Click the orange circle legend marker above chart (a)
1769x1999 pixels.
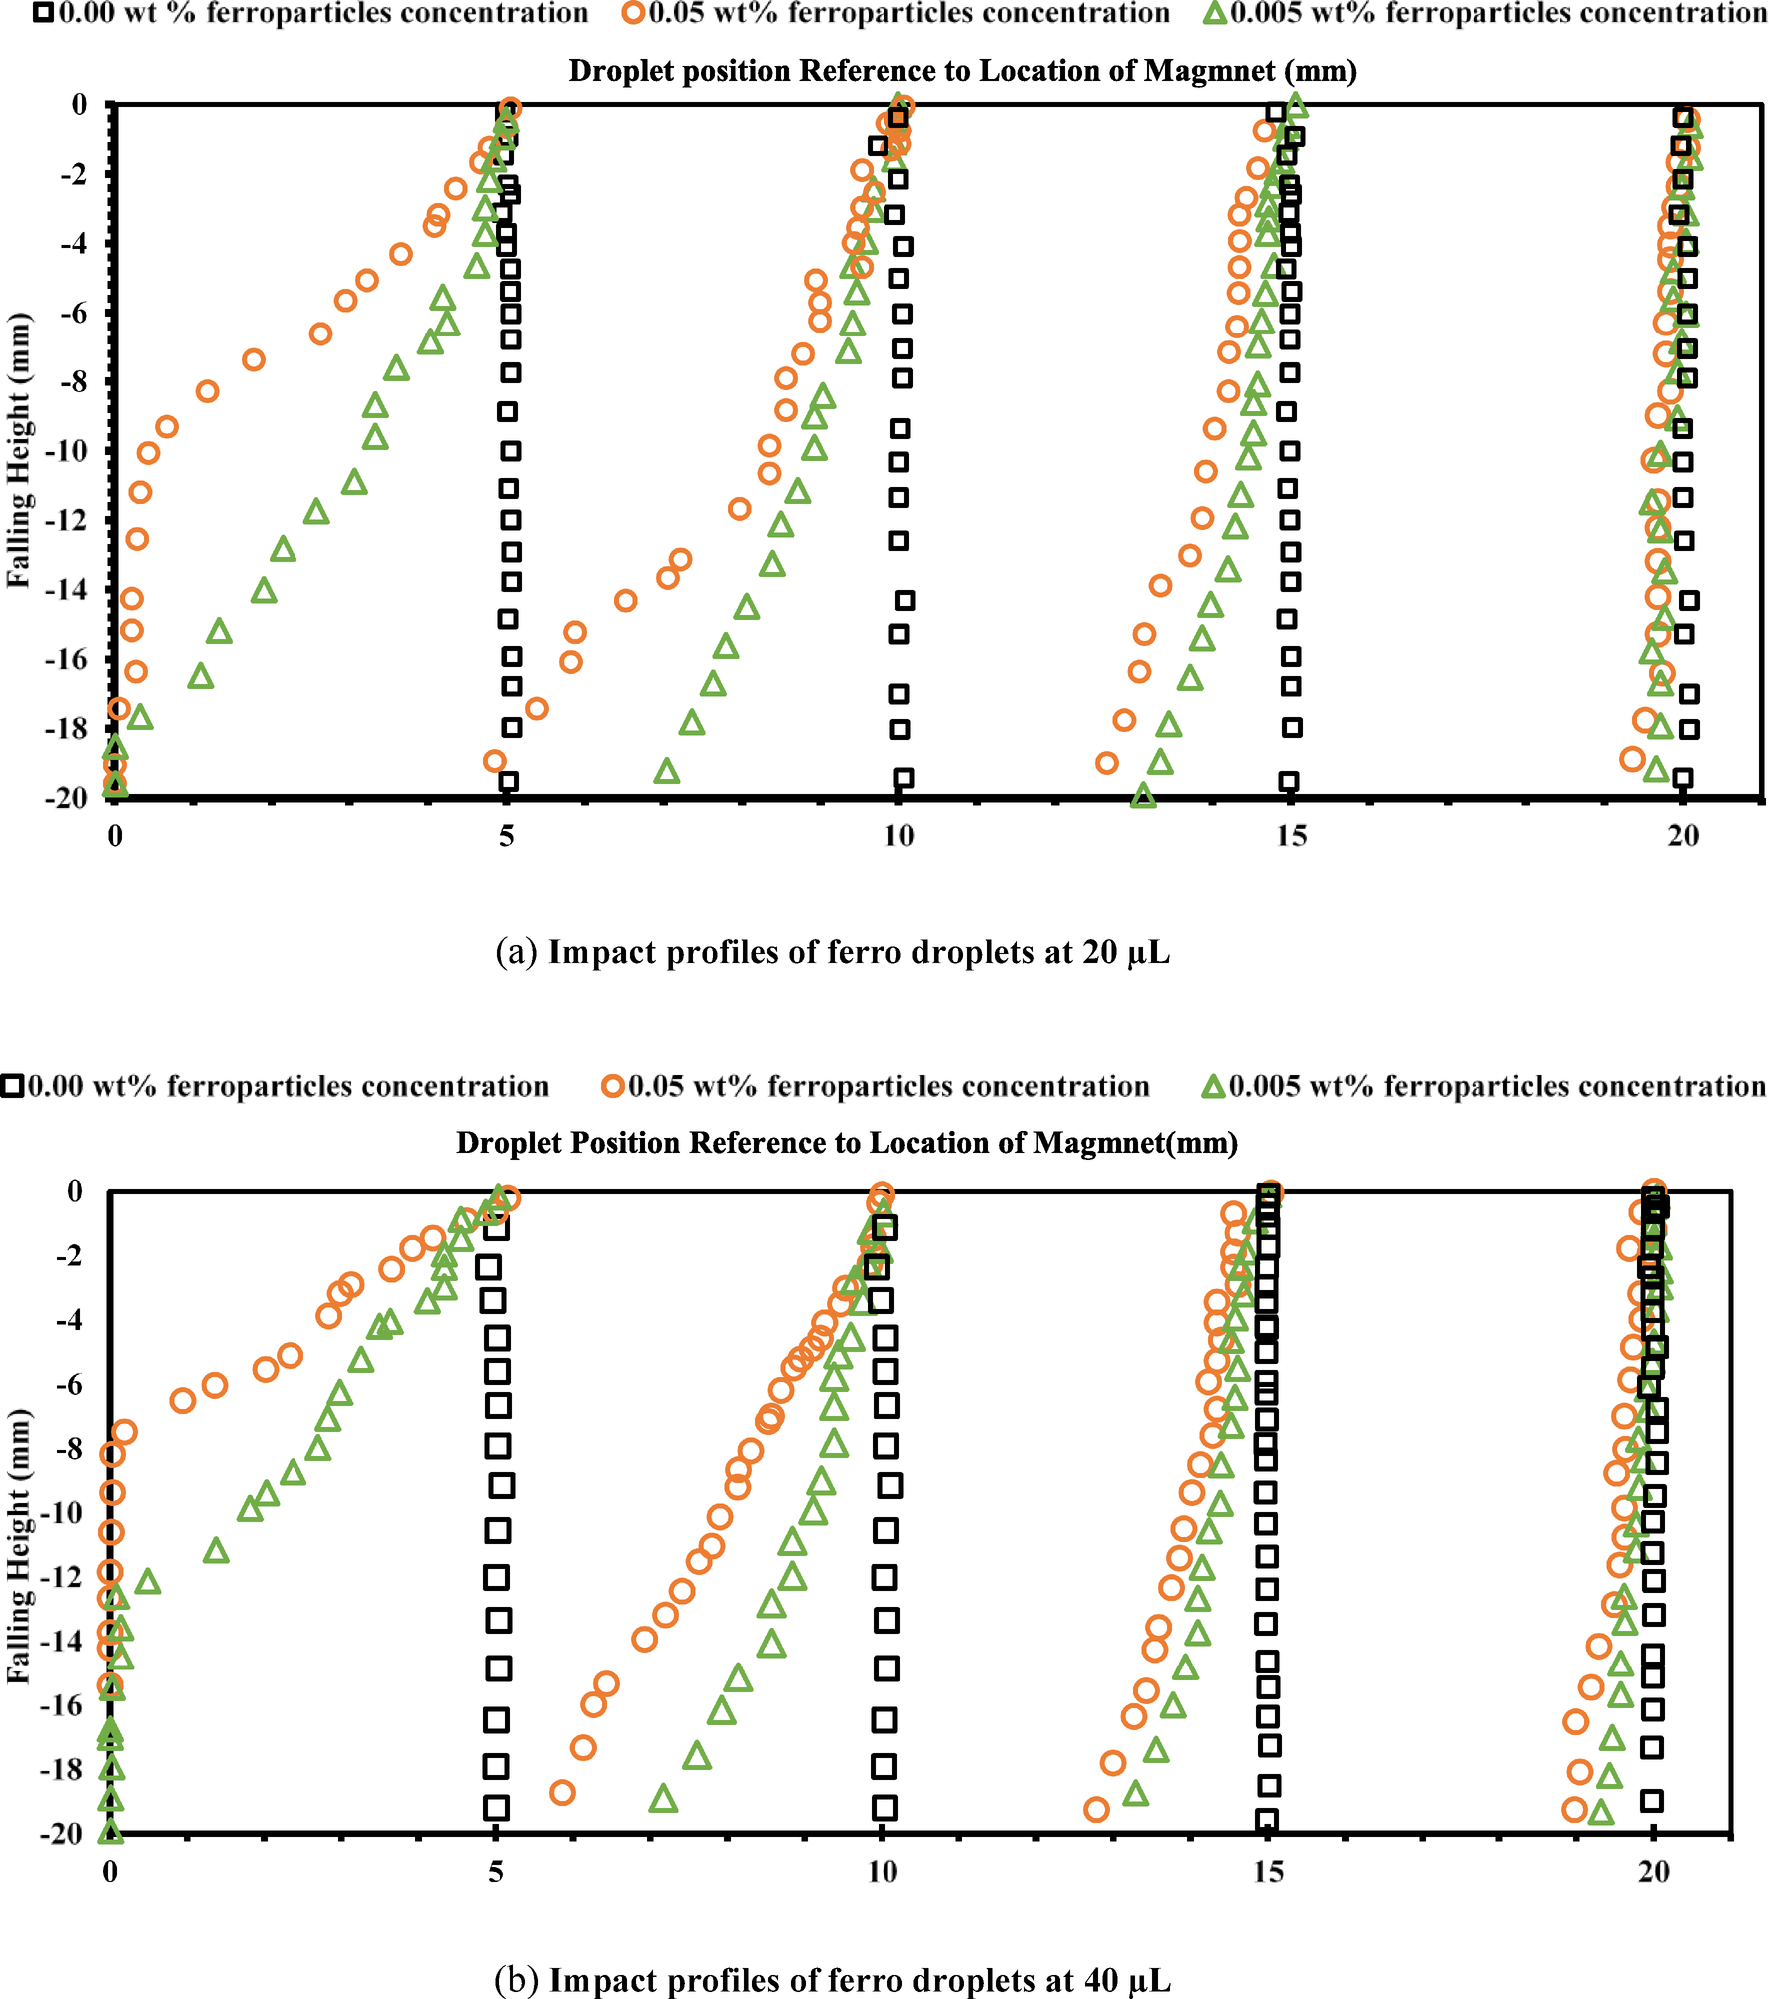(634, 13)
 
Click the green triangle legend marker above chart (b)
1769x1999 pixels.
(1213, 1086)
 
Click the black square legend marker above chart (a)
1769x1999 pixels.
(44, 13)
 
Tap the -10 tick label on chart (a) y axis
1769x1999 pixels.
(65, 451)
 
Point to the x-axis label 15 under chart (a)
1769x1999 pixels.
(1291, 836)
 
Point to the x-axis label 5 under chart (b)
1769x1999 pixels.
(496, 1872)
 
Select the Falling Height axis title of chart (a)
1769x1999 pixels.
(18, 451)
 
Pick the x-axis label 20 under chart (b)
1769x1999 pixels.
(1654, 1872)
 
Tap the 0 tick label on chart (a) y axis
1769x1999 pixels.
(79, 104)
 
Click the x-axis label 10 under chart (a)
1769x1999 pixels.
(898, 836)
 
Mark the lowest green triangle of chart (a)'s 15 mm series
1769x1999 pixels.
(1144, 796)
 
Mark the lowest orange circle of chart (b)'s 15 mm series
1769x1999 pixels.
(1096, 1809)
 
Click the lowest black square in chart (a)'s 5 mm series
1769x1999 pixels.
(508, 781)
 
